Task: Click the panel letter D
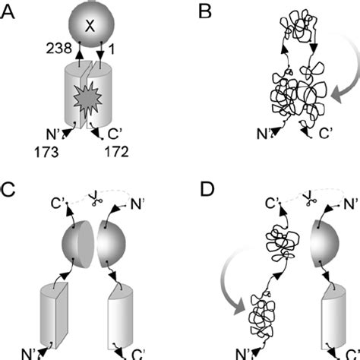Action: [192, 190]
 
